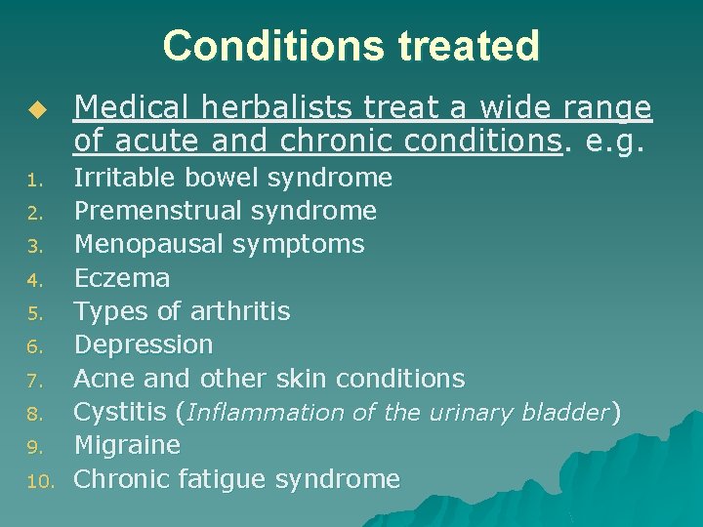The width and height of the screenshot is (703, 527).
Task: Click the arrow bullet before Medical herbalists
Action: [x=38, y=109]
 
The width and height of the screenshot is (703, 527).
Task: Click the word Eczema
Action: [x=122, y=278]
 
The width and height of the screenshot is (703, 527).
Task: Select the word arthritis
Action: [x=239, y=311]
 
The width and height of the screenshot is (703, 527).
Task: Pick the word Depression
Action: [x=144, y=345]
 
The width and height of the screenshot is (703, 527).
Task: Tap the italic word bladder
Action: [x=564, y=413]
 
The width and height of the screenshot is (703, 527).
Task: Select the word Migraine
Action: [x=127, y=445]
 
